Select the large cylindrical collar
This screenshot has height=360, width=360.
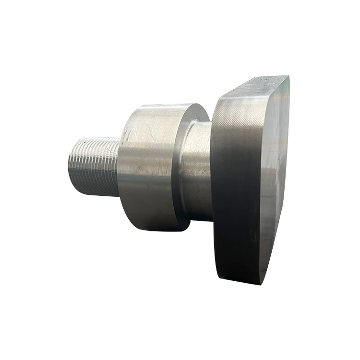click(x=146, y=166)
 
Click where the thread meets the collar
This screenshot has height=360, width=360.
click(x=119, y=166)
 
